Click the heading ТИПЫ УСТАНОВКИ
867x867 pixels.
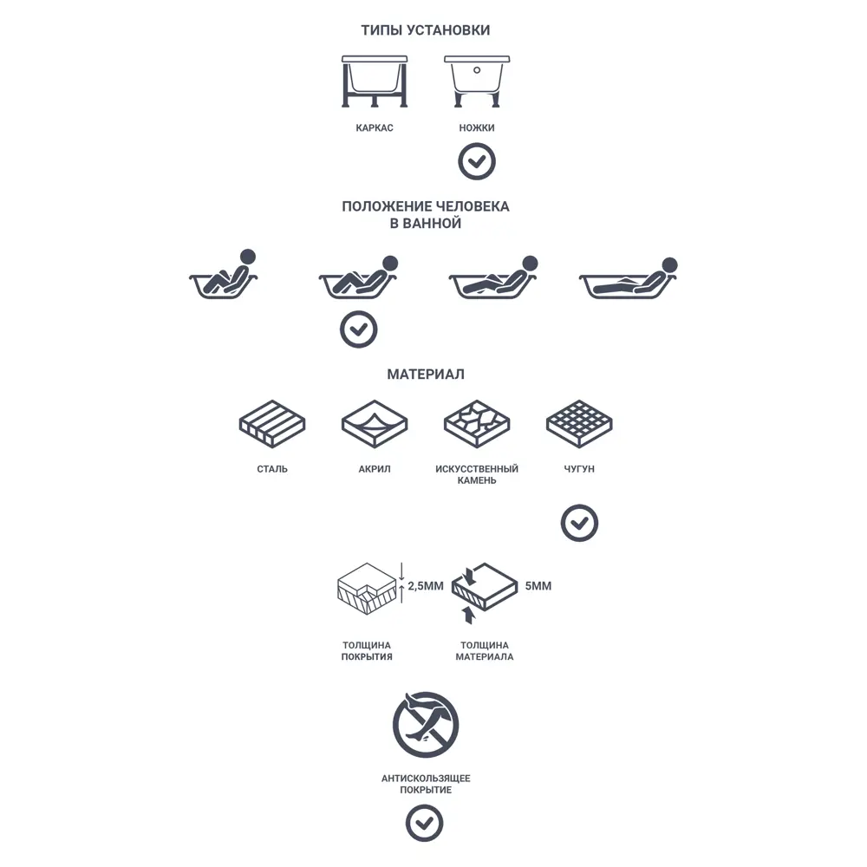425,29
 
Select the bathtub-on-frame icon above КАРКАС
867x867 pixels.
375,81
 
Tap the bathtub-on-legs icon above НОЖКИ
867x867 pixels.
477,81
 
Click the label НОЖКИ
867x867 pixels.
477,127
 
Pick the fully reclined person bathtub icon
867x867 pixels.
629,277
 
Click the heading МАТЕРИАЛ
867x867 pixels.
425,375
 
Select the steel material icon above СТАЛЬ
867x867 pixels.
272,424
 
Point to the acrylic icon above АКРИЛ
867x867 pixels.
375,424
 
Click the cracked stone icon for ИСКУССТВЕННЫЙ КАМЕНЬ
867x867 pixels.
477,424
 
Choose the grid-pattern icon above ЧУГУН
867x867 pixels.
579,424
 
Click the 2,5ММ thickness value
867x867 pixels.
425,586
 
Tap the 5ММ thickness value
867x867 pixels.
538,586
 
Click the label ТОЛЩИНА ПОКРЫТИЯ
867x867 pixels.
367,651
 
